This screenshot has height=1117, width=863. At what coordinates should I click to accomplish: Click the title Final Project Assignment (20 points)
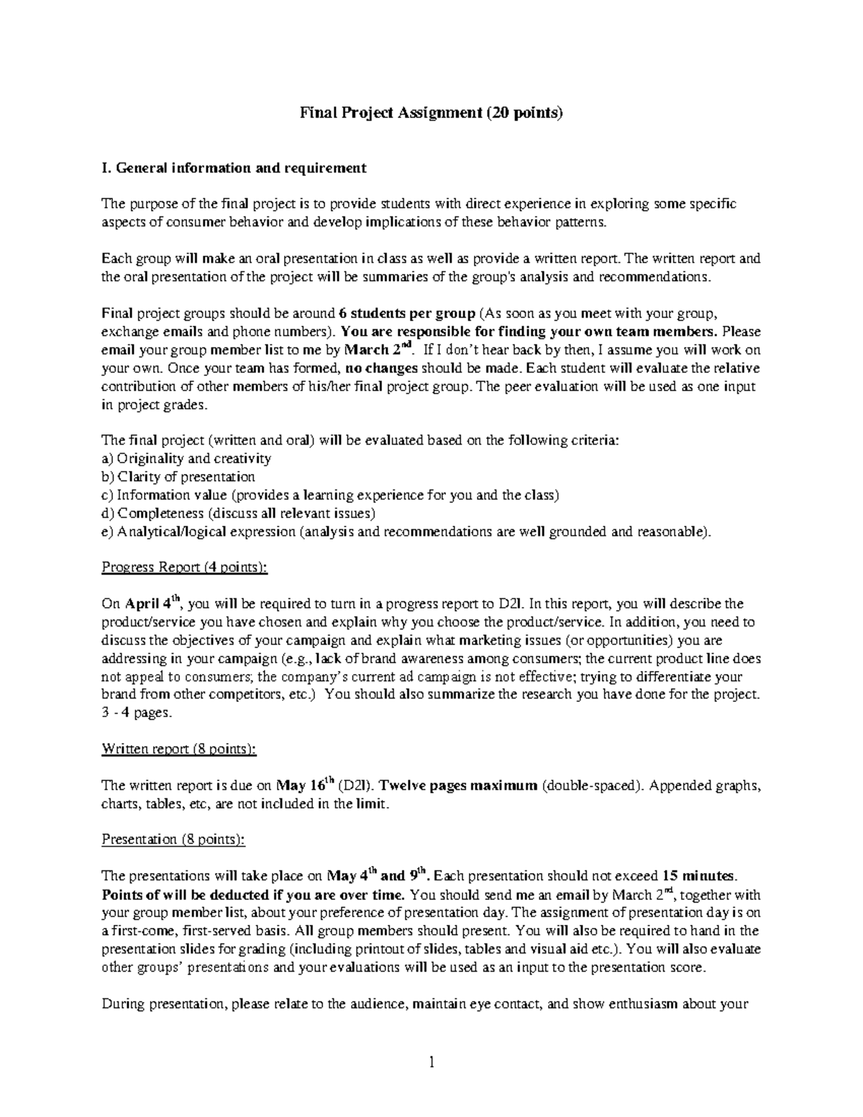(431, 113)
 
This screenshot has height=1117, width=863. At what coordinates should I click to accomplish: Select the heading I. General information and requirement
(234, 168)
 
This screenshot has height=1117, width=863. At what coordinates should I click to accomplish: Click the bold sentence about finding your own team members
(529, 332)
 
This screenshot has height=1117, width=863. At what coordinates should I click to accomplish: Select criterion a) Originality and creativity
(186, 459)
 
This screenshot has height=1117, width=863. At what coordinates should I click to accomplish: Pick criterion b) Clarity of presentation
(178, 477)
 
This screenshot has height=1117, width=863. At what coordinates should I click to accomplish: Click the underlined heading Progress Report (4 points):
(185, 567)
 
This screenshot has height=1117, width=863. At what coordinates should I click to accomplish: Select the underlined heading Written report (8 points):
(179, 749)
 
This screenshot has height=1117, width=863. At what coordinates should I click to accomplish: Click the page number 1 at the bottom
(431, 1062)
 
